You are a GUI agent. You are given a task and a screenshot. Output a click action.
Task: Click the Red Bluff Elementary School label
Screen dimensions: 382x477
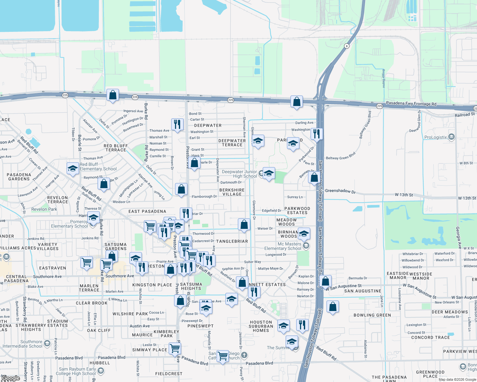[98, 166]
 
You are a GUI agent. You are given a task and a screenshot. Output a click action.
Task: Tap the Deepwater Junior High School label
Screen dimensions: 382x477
[239, 174]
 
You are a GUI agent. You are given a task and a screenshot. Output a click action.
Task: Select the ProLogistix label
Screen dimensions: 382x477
[436, 137]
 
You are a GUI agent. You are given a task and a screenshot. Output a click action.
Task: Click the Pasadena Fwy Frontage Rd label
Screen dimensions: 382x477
[411, 104]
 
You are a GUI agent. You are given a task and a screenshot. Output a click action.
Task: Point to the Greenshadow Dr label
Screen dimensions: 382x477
[340, 191]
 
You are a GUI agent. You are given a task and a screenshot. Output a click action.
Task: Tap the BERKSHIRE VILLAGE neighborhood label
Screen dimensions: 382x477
[232, 192]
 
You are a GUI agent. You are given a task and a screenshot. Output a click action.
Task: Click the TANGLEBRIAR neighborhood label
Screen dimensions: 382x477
[232, 241]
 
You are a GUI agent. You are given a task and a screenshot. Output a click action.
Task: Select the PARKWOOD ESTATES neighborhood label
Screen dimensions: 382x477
[297, 210]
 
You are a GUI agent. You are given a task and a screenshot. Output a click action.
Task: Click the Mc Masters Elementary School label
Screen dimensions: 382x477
[283, 246]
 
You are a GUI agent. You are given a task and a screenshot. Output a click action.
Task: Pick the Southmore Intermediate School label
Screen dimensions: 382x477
[22, 344]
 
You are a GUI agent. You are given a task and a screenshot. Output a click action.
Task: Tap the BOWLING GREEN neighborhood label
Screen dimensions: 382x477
[372, 315]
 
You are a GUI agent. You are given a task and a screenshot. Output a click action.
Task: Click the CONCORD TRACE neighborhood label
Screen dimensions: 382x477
[430, 337]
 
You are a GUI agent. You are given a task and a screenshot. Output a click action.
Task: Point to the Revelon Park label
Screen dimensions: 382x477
[44, 209]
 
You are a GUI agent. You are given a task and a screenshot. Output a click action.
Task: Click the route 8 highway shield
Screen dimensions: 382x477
[347, 46]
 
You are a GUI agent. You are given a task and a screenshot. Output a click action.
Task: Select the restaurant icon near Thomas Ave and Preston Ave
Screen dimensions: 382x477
[177, 124]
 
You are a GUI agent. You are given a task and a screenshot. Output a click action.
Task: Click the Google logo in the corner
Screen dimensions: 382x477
[10, 378]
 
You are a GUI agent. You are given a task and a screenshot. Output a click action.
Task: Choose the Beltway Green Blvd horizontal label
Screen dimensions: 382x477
[341, 156]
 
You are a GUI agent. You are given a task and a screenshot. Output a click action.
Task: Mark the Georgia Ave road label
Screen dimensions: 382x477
[458, 237]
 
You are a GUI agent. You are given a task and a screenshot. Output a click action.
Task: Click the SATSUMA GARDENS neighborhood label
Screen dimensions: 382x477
[116, 246]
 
